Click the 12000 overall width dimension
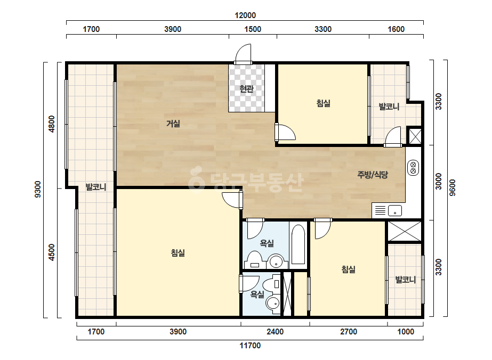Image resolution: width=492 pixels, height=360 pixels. (x=245, y=15)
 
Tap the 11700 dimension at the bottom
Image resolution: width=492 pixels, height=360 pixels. (x=250, y=346)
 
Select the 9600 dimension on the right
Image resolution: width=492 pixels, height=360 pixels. (x=453, y=187)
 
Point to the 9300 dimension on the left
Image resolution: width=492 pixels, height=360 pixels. (x=38, y=189)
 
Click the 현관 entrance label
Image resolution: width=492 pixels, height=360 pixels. (x=246, y=89)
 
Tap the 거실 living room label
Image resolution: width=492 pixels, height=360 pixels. (x=173, y=124)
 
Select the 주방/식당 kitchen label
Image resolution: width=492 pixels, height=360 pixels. (x=373, y=174)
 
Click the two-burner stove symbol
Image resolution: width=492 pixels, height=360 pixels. (x=413, y=167)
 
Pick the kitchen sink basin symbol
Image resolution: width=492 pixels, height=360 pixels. (x=395, y=210)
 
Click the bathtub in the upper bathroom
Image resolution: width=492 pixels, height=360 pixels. (x=298, y=244)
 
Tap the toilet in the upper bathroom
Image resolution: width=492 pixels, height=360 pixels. (x=255, y=260)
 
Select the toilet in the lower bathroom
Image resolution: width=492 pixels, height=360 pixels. (x=272, y=284)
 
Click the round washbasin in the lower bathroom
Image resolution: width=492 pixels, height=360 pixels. (x=273, y=303)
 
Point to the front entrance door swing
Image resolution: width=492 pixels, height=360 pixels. (x=244, y=54)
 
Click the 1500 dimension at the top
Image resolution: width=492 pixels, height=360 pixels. (x=253, y=29)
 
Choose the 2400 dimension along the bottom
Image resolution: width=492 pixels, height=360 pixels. (x=275, y=332)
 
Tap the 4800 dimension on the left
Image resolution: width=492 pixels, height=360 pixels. (x=52, y=124)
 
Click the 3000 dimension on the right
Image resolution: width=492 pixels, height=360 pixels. (x=439, y=181)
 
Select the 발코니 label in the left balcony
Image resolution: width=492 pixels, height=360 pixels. (x=96, y=187)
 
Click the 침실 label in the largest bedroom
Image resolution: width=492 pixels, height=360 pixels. (x=178, y=253)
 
